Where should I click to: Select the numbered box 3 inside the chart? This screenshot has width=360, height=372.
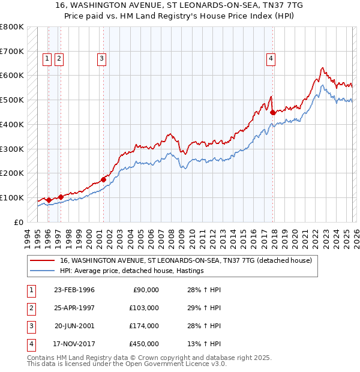click(x=102, y=58)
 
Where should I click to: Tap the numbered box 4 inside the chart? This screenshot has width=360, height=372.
click(x=271, y=58)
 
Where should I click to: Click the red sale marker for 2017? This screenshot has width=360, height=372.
click(x=273, y=112)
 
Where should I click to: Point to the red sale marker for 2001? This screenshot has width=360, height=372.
click(x=103, y=179)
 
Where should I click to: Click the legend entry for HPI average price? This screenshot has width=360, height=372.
click(x=131, y=271)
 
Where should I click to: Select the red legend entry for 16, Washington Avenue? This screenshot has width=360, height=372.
click(x=185, y=261)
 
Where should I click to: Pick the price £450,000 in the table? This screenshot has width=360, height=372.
click(x=144, y=344)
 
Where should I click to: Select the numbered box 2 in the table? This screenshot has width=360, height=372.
click(x=30, y=308)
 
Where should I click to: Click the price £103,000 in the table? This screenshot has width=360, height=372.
click(x=144, y=308)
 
